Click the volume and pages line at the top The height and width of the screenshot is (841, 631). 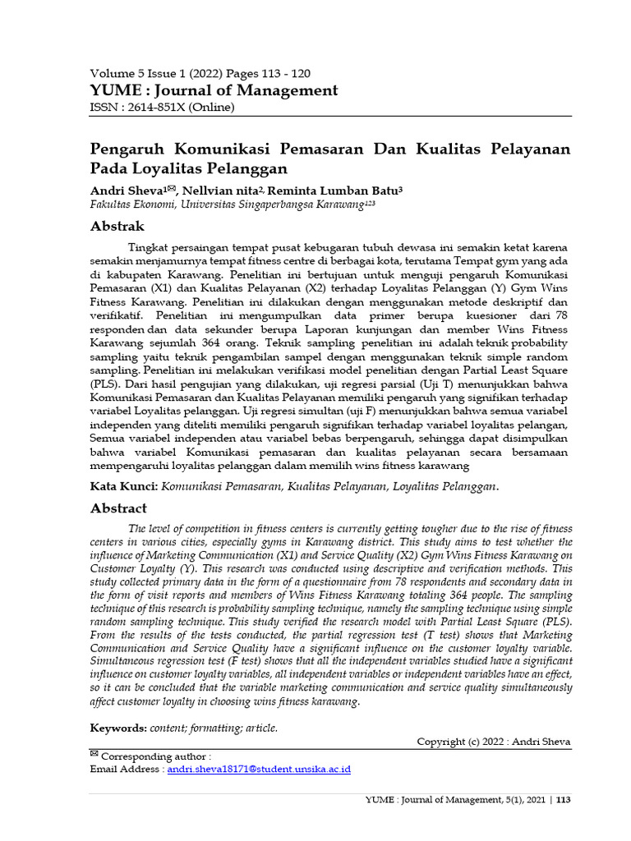pos(200,73)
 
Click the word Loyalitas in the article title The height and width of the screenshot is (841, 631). pos(179,169)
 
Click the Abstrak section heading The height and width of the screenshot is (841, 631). pos(117,226)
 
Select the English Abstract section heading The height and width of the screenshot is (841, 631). pos(118,508)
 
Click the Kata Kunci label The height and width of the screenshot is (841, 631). pos(123,486)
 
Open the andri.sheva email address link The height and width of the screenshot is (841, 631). pos(259,770)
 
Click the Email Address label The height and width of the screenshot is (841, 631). pos(126,770)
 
